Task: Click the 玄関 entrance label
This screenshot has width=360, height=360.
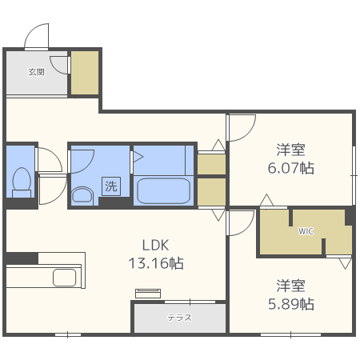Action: point(37,72)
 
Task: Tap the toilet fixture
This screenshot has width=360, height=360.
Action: point(22,182)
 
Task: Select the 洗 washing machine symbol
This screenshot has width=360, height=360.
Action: point(111,186)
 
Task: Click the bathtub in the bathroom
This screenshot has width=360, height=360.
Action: point(163,191)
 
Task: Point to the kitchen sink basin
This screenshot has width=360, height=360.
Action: point(65,278)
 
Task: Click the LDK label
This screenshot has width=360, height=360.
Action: point(156,245)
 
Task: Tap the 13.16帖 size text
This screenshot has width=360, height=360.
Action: point(156,263)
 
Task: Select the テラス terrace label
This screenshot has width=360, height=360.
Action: point(179,318)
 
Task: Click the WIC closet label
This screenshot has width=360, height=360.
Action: point(306,231)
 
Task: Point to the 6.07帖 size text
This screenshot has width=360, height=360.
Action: point(291,168)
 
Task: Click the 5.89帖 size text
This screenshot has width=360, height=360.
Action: point(291,304)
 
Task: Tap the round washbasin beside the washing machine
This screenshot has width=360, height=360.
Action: point(82,196)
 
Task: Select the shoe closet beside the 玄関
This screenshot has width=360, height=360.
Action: point(85,73)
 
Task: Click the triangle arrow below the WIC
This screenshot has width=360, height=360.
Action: point(346,263)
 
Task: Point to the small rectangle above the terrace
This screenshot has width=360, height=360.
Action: point(148,294)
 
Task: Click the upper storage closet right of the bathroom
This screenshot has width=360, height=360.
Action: point(211,164)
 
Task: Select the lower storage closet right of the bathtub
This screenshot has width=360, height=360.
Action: point(211,192)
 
